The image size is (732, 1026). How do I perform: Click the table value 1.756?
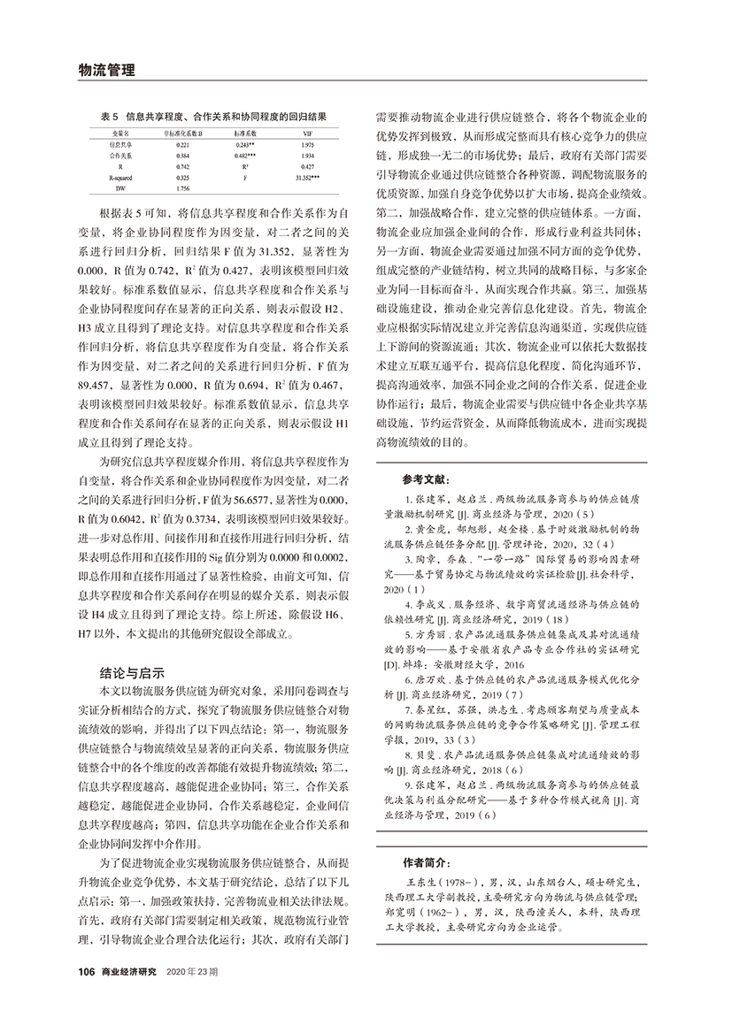pos(183,188)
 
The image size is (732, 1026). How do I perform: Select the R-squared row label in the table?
pos(121,177)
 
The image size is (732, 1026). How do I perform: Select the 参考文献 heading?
pos(422,479)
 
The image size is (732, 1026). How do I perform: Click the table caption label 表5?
pos(108,116)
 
